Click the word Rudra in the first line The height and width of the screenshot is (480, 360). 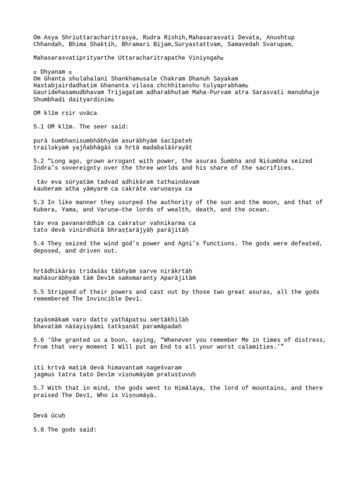point(147,37)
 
